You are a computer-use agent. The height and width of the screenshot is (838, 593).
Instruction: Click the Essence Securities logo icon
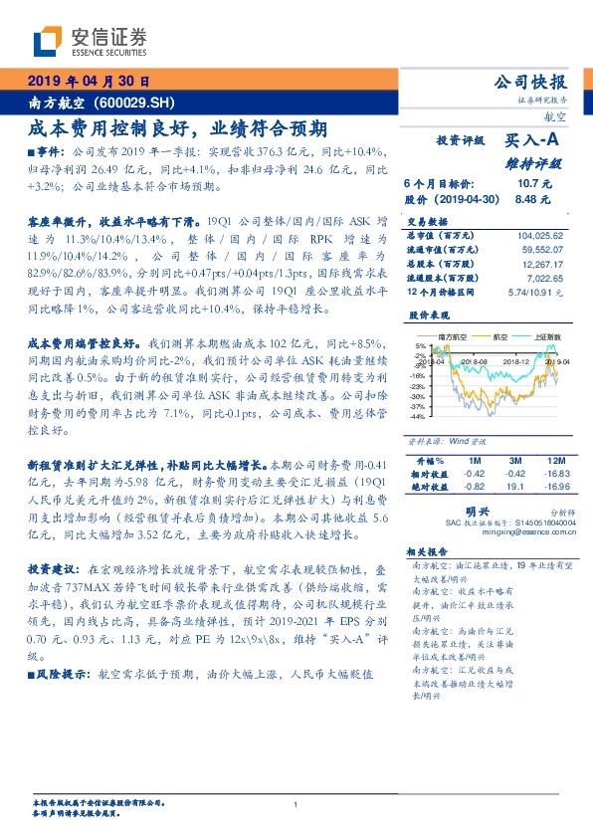(x=46, y=41)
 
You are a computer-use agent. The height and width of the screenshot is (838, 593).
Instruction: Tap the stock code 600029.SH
(x=139, y=103)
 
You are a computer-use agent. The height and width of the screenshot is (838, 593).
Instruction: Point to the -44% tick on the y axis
(x=418, y=418)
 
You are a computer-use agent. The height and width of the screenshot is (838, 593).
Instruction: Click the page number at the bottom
(x=296, y=804)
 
